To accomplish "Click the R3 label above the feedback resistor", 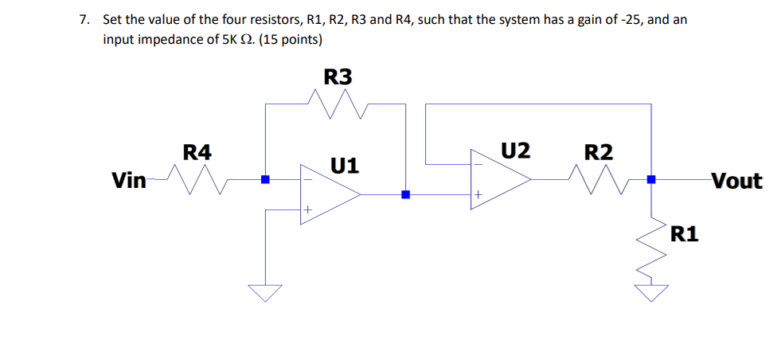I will pos(338,76).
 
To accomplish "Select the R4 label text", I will pos(197,151).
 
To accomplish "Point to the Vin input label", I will pos(128,181).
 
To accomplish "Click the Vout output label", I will pos(736,181).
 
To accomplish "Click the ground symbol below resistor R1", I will pos(651,294).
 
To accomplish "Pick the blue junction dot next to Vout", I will pos(651,180).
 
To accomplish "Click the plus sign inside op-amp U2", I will pos(478,194).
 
